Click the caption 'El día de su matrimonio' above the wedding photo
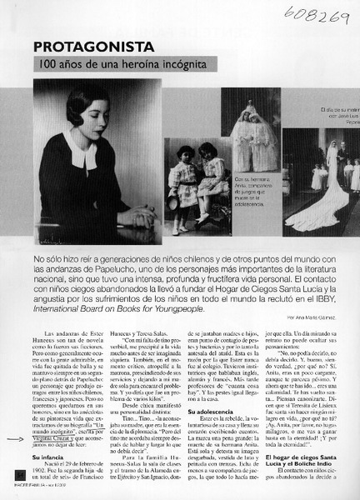click(x=337, y=110)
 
